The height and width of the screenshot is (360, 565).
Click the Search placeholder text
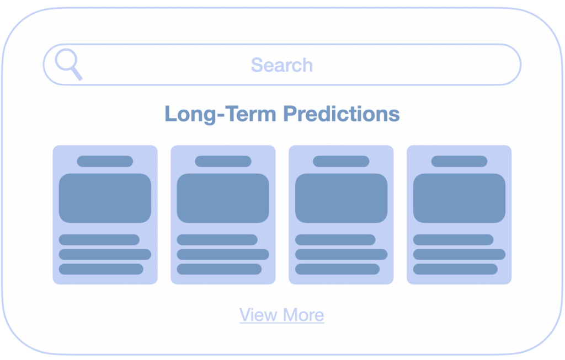coord(282,65)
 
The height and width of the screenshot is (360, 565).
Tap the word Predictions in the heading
coord(341,114)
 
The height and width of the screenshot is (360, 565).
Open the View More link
coord(282,315)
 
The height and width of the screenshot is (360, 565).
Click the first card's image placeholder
coord(105,198)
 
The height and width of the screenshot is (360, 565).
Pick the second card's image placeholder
coord(223,198)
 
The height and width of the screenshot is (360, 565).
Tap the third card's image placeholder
coord(341,198)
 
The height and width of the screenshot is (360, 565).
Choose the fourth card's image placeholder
coord(459,198)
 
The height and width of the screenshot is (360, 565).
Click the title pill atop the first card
coord(105,162)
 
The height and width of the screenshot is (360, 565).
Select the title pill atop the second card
coord(223,162)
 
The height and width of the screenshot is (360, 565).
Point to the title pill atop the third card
coord(341,162)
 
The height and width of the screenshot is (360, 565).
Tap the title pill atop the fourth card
coord(460,162)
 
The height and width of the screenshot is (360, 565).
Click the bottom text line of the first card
coord(101,269)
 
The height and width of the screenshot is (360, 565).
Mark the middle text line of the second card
coord(223,255)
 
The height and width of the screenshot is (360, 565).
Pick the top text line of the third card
coord(335,240)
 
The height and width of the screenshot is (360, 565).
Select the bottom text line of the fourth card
coord(455,269)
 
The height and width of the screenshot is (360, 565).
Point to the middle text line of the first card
coord(105,255)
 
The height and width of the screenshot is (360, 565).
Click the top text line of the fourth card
coord(454,240)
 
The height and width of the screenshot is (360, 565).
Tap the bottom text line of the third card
coord(337,269)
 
